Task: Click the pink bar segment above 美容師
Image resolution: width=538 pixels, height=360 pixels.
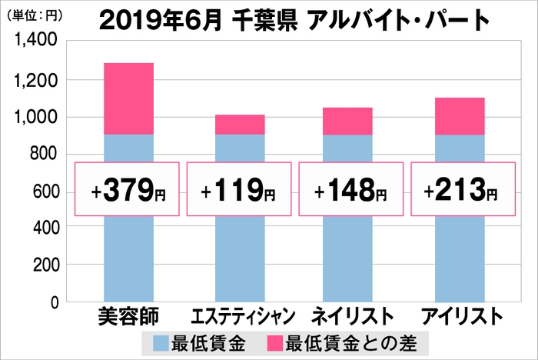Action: click(x=129, y=98)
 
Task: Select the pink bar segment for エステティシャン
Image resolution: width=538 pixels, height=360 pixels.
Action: click(x=240, y=125)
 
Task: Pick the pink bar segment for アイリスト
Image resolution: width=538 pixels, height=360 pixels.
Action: click(x=460, y=116)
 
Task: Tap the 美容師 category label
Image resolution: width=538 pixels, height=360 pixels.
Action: click(x=128, y=316)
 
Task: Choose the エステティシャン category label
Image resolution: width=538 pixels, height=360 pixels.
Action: click(x=241, y=316)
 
